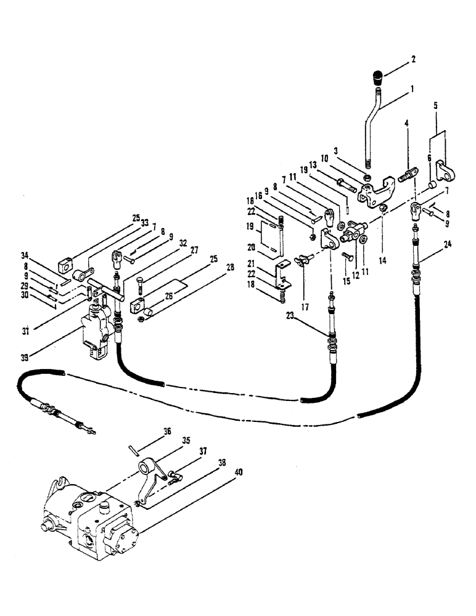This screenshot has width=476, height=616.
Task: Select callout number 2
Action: tap(412, 60)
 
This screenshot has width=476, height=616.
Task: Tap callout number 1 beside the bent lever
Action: tap(412, 89)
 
